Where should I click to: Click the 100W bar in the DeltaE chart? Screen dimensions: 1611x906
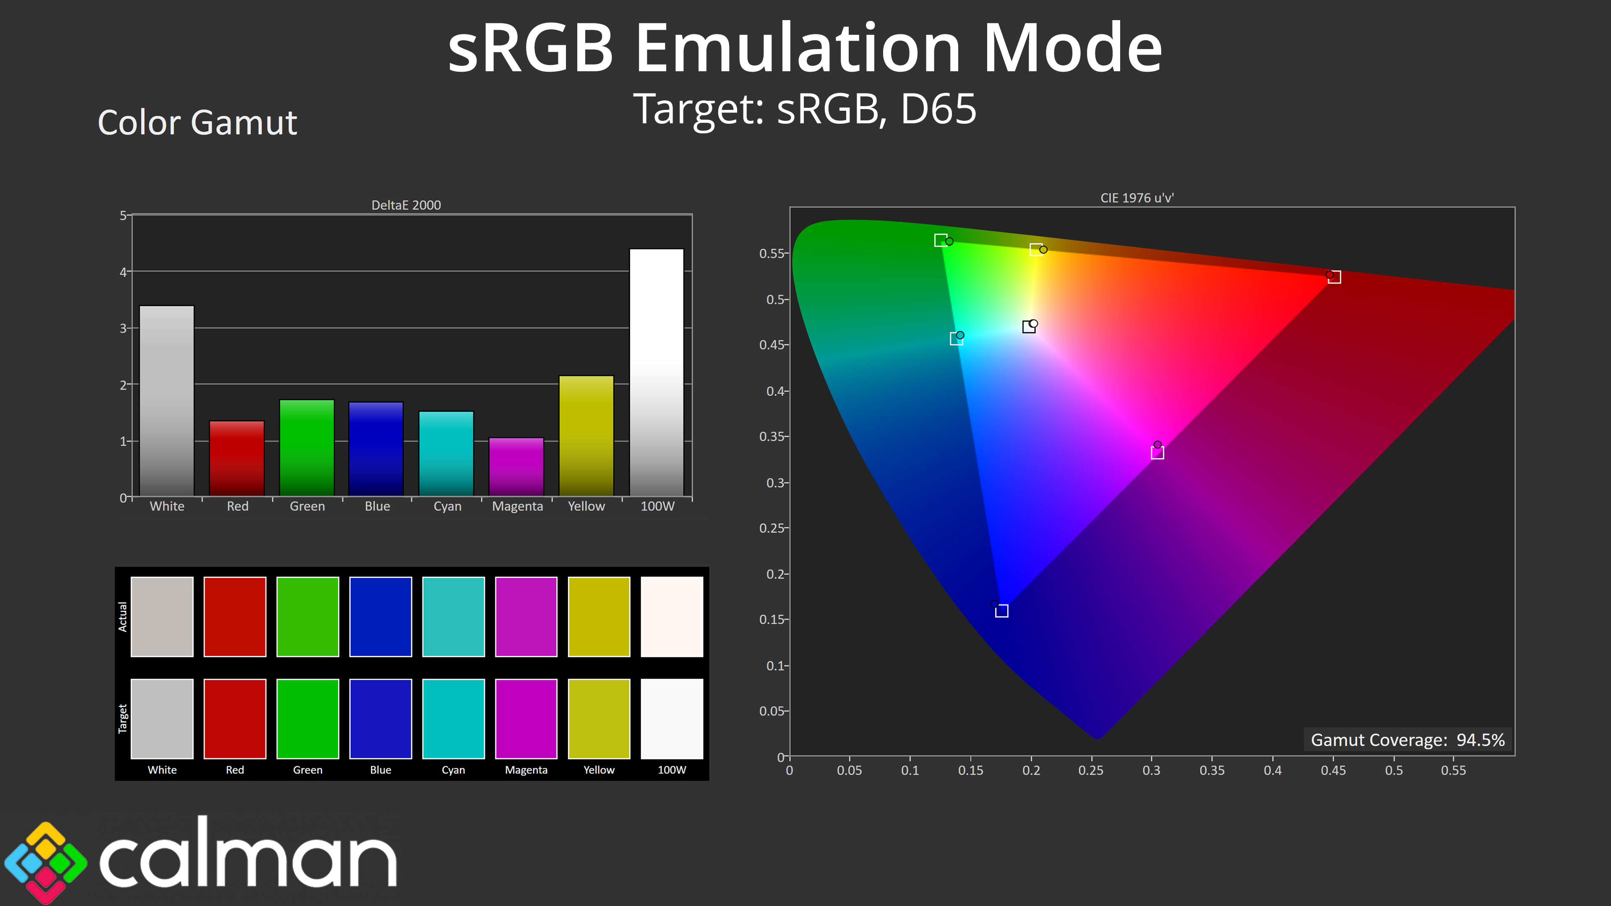click(x=656, y=372)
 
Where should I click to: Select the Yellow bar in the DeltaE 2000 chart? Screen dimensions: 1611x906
click(x=586, y=436)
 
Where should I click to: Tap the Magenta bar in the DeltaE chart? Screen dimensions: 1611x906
click(x=516, y=467)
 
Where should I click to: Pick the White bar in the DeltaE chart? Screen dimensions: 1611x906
click(x=167, y=401)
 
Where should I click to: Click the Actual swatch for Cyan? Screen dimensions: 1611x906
click(x=454, y=617)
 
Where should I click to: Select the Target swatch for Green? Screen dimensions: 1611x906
click(x=308, y=719)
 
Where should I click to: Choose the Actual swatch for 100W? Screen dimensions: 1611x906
click(x=672, y=617)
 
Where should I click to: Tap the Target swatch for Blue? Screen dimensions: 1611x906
click(x=380, y=719)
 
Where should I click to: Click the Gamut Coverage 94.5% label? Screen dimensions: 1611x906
click(x=1407, y=739)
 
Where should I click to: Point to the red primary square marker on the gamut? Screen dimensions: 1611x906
click(x=1334, y=277)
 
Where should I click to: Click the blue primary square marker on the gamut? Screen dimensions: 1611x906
click(x=1001, y=611)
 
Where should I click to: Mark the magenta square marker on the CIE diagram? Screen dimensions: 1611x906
click(x=1157, y=453)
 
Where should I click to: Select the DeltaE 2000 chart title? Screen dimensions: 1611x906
click(x=406, y=205)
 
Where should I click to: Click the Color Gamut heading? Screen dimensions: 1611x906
click(x=197, y=122)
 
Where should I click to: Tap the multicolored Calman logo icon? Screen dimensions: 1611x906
click(x=45, y=862)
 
